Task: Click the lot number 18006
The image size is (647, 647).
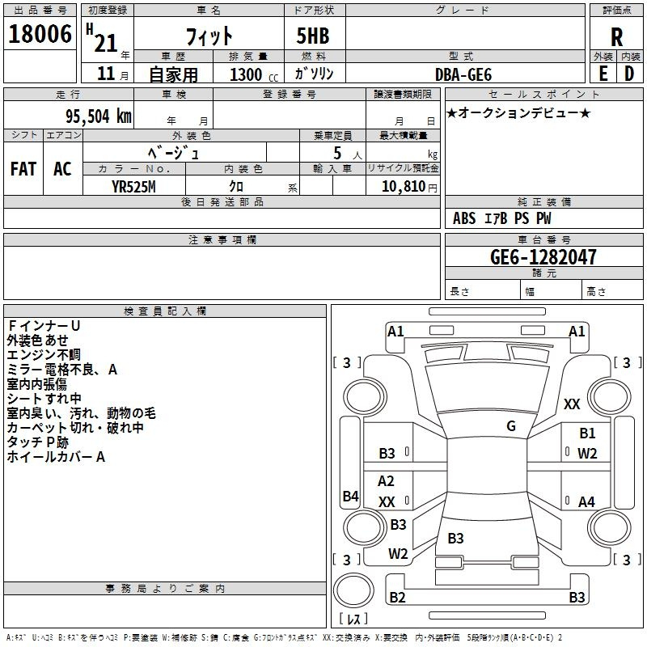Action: tap(40, 35)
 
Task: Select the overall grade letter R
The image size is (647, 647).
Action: tap(616, 36)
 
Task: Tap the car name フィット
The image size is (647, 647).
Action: tap(210, 36)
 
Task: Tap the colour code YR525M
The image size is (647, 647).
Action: tap(134, 186)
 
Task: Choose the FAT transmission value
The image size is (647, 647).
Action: tap(23, 168)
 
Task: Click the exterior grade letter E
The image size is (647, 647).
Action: tap(603, 74)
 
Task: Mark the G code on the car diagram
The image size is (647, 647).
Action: tap(511, 426)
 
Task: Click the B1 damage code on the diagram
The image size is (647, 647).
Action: tap(587, 433)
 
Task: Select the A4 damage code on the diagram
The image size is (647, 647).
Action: tap(586, 502)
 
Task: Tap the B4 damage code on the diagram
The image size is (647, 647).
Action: tap(350, 496)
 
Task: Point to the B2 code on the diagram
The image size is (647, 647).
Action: tap(397, 598)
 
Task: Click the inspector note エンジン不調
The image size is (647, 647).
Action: tap(44, 354)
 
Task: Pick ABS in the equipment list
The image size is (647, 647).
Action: tap(464, 218)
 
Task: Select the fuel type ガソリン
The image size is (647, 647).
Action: tap(314, 74)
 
